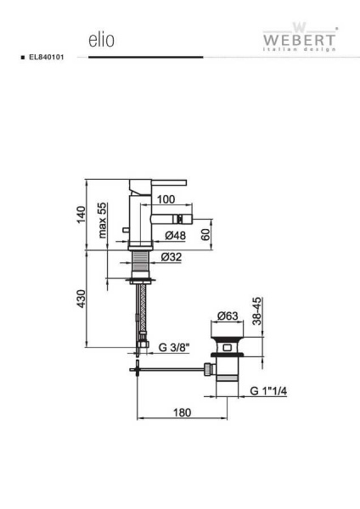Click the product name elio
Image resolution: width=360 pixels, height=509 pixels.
(x=101, y=40)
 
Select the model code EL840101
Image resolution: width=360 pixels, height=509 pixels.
(x=47, y=57)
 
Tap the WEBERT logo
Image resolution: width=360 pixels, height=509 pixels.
(x=299, y=37)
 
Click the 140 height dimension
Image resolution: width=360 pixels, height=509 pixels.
(x=82, y=215)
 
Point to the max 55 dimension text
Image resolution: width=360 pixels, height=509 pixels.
(x=103, y=221)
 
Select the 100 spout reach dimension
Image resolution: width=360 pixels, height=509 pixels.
(x=166, y=199)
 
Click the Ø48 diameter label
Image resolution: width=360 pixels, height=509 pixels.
(x=175, y=235)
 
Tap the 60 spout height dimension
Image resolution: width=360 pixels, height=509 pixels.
(x=205, y=234)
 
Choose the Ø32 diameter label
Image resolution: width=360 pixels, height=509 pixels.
(x=172, y=257)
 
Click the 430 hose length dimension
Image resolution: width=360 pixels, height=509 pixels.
(x=82, y=299)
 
